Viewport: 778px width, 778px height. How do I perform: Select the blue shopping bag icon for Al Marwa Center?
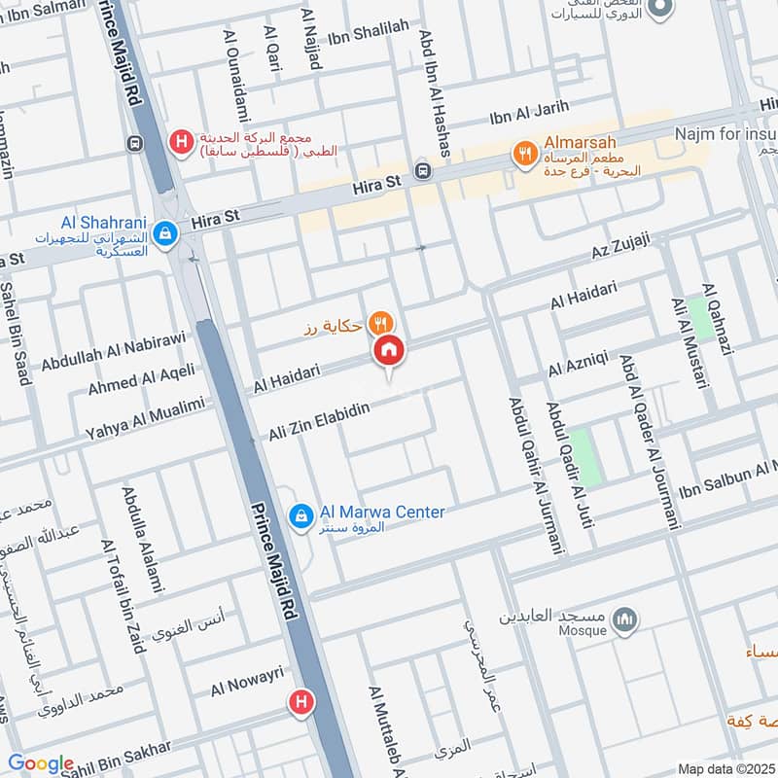301,513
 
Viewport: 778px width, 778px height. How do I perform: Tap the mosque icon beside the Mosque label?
627,619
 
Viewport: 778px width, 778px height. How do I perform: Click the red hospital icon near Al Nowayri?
301,700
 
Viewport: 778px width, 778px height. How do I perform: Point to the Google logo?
40,763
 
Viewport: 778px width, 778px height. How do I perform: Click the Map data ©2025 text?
725,768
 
